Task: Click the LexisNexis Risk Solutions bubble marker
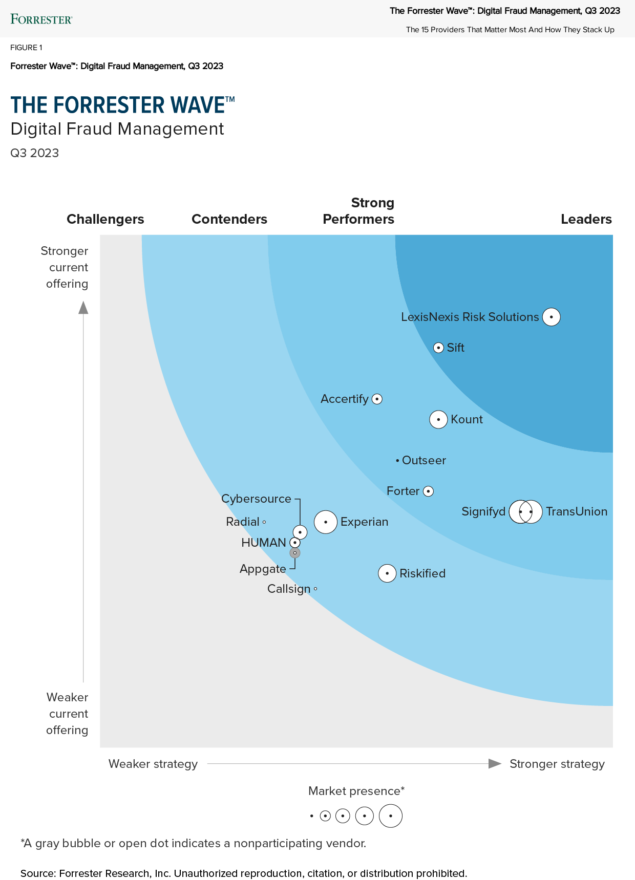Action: click(x=551, y=317)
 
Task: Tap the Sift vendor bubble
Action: click(x=438, y=348)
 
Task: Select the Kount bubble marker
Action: click(x=438, y=419)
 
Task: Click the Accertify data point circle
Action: click(x=377, y=399)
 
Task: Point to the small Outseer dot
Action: click(x=397, y=461)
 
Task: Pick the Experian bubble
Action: click(x=326, y=522)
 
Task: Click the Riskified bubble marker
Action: click(x=387, y=573)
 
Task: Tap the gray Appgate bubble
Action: click(x=295, y=553)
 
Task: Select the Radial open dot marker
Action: click(x=264, y=522)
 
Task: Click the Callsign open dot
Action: click(x=315, y=589)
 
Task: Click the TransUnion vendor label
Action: click(x=577, y=511)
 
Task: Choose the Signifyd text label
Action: click(x=483, y=511)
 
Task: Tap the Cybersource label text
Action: click(x=256, y=499)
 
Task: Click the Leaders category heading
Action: click(x=586, y=219)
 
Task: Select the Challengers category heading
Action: click(x=105, y=219)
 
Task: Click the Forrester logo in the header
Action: click(x=41, y=19)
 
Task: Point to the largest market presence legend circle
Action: click(x=391, y=816)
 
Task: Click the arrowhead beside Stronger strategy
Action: click(x=495, y=764)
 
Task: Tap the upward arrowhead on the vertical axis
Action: click(x=83, y=308)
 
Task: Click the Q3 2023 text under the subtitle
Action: click(x=35, y=153)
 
